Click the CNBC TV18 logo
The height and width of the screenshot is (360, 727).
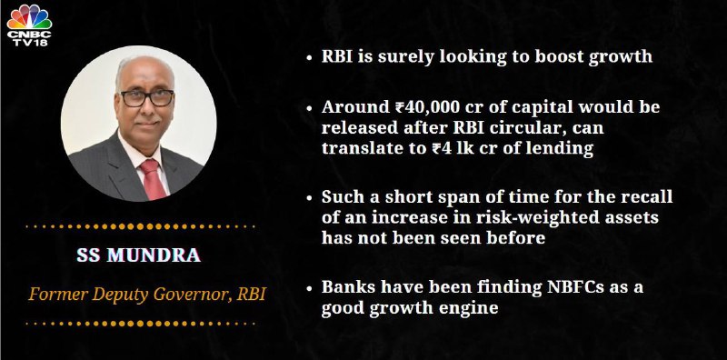pyautogui.click(x=29, y=25)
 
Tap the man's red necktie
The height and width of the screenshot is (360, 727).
pyautogui.click(x=153, y=178)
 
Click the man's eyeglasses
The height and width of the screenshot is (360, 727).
pyautogui.click(x=147, y=98)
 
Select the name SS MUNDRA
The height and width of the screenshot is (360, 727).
pyautogui.click(x=139, y=255)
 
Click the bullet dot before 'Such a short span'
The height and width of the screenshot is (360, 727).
pyautogui.click(x=309, y=197)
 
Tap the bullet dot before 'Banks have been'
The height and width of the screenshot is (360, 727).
pyautogui.click(x=309, y=288)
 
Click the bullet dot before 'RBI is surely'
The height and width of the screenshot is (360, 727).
pyautogui.click(x=309, y=57)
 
